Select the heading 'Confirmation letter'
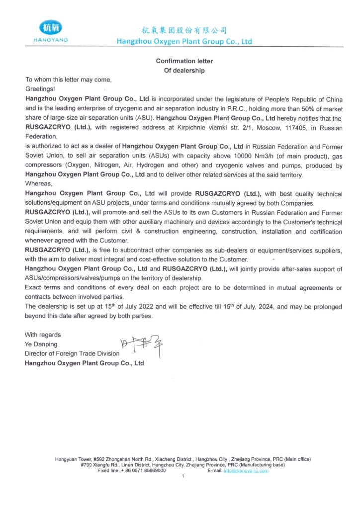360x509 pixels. pos(184,61)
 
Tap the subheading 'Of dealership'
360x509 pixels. pos(184,71)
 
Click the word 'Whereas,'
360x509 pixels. pos(38,184)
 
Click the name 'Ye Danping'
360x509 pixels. pos(41,344)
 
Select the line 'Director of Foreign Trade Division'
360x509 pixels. pos(72,353)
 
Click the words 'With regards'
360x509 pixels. pos(43,335)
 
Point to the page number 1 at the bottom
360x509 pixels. pos(183,477)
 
